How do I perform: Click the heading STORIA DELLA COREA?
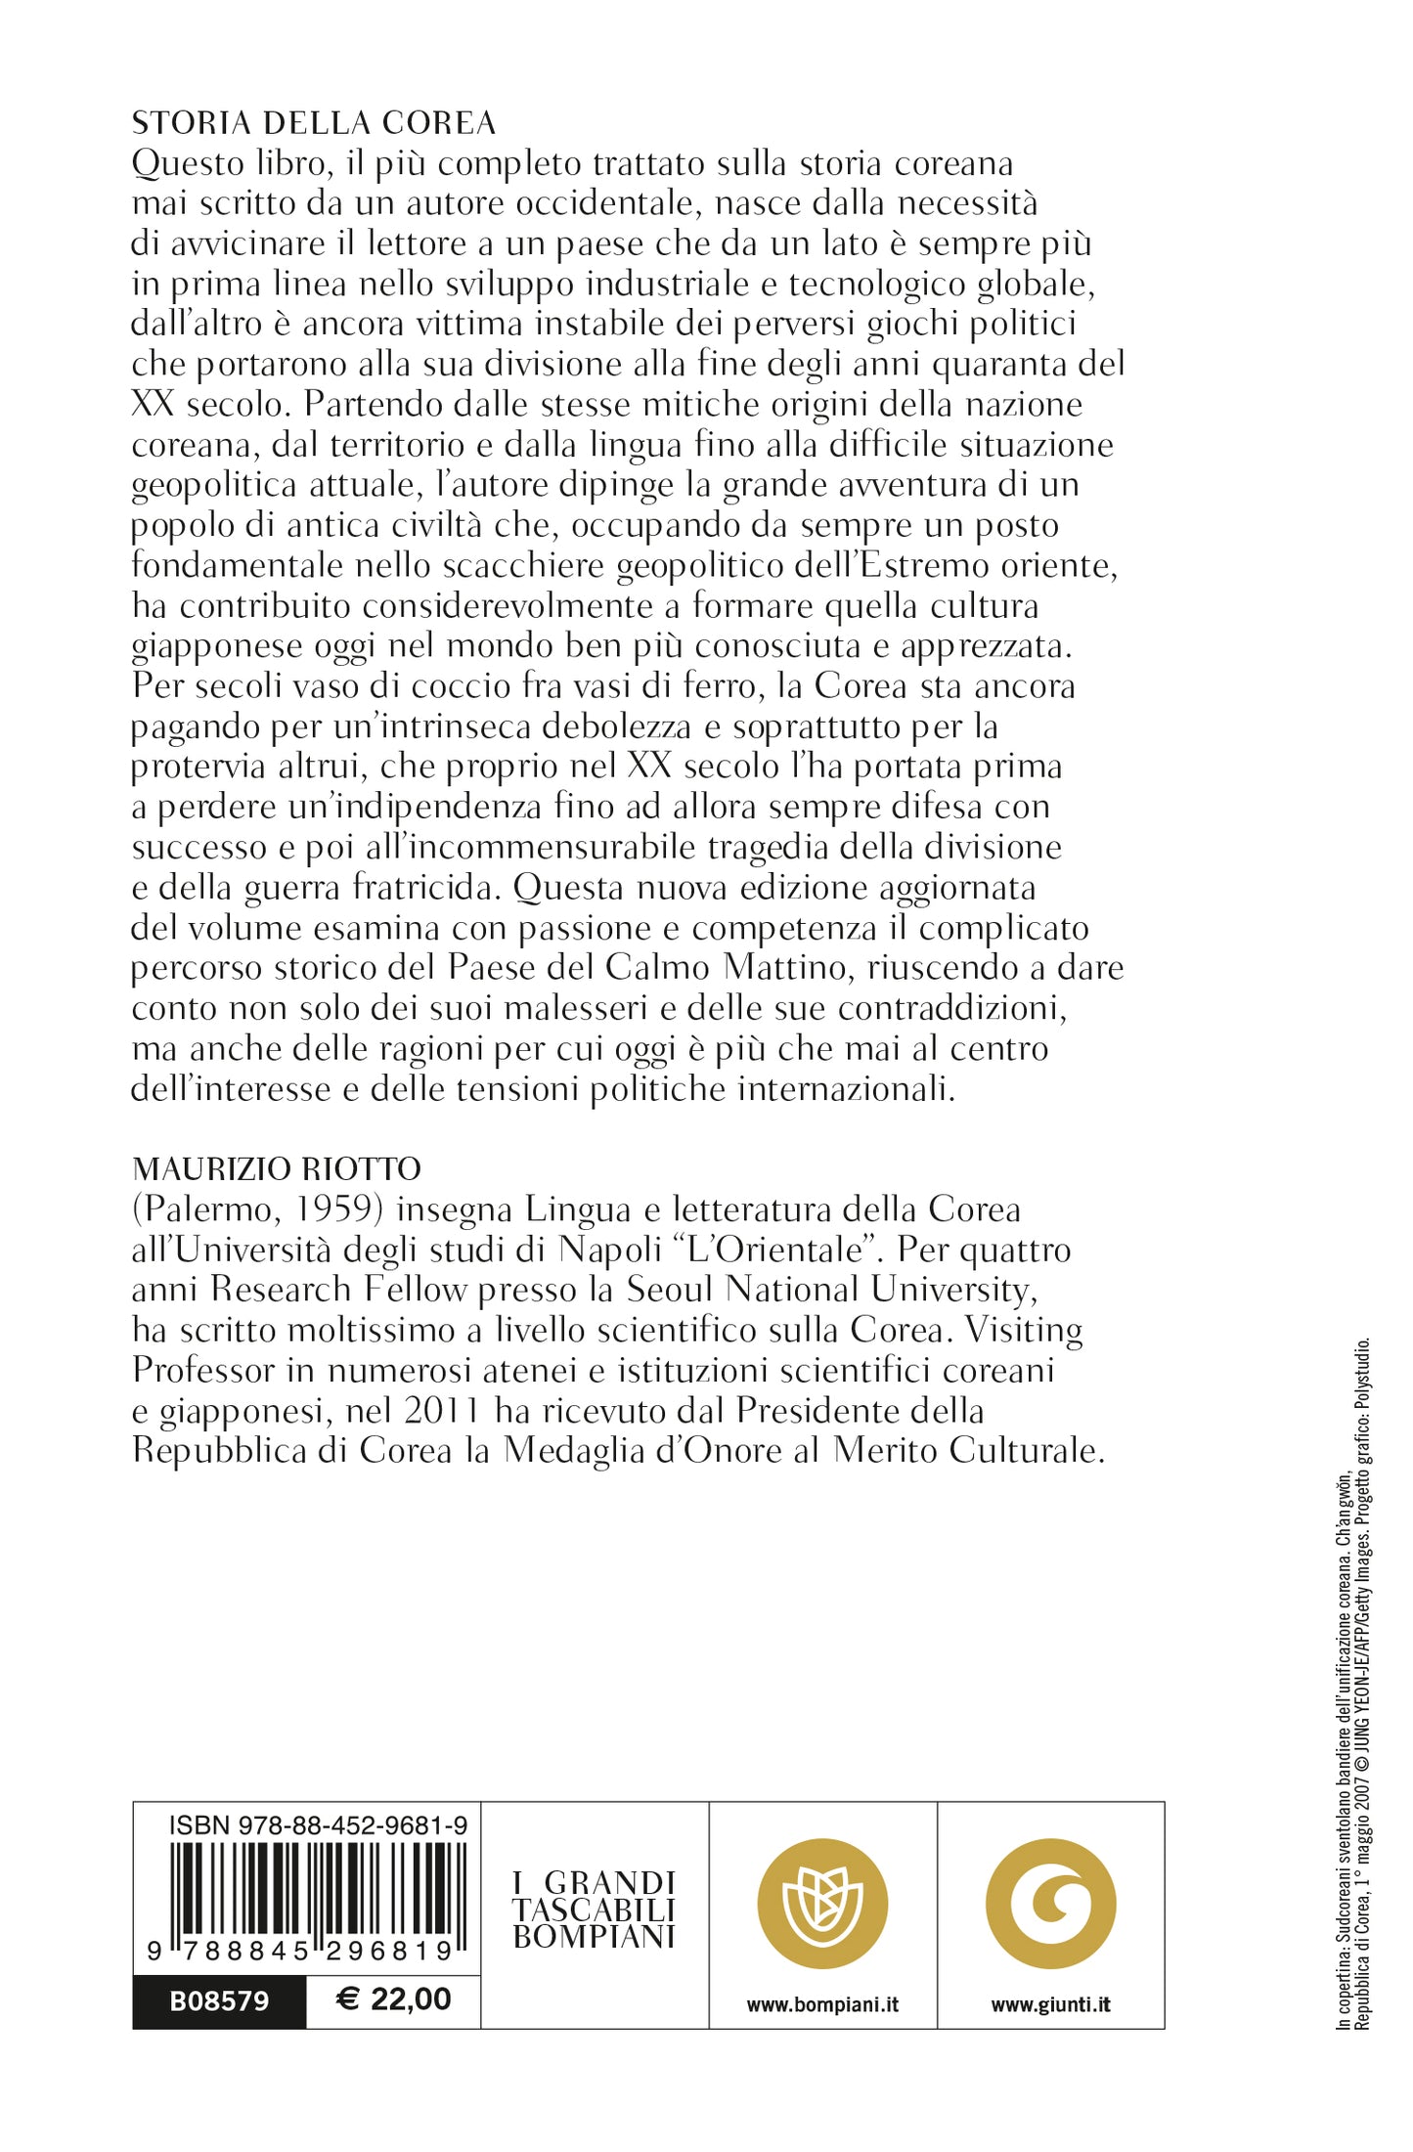click(313, 123)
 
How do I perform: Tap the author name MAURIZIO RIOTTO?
click(277, 1168)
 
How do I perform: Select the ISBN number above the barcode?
click(318, 1824)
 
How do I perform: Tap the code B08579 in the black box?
click(219, 2000)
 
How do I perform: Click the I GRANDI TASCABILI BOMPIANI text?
click(595, 1910)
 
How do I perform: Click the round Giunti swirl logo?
click(1050, 1903)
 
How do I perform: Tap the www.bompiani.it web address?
click(822, 2004)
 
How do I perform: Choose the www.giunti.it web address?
click(1050, 2004)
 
